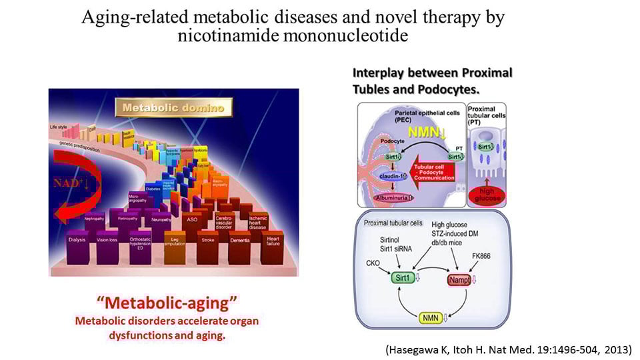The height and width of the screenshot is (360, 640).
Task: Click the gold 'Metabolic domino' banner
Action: [x=172, y=107]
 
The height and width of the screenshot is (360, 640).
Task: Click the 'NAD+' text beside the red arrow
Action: [x=72, y=180]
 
